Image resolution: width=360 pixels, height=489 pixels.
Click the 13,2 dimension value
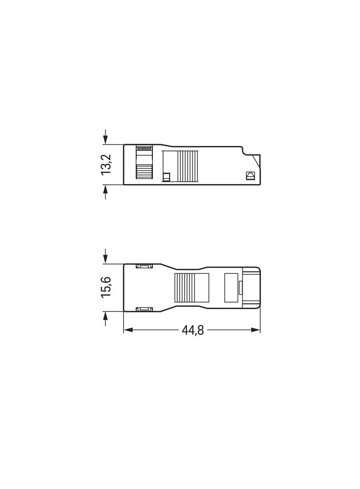[x=106, y=164]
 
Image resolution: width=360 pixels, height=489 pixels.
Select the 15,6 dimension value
[x=106, y=287]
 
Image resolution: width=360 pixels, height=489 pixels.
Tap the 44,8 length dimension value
[x=193, y=330]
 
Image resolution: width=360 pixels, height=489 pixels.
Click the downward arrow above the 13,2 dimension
[x=106, y=137]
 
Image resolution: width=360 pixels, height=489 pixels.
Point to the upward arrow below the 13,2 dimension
[x=106, y=192]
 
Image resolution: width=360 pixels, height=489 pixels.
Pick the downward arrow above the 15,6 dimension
[x=106, y=256]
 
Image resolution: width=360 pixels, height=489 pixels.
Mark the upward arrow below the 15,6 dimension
[x=106, y=318]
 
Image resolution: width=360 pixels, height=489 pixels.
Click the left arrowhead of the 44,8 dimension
[x=129, y=330]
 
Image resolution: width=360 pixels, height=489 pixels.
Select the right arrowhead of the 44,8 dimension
[x=255, y=330]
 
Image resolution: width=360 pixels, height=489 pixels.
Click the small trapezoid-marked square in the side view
[x=250, y=175]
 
